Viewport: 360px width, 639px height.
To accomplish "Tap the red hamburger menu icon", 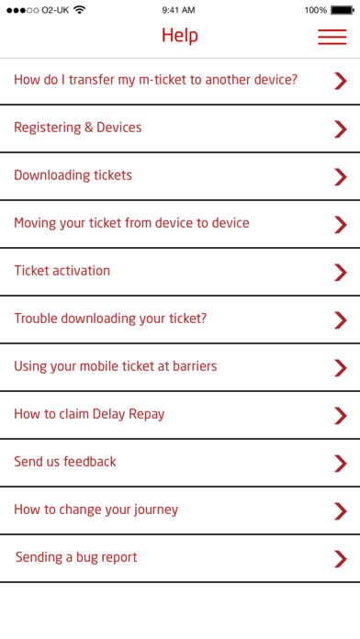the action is point(332,37).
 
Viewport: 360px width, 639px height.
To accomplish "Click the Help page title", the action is point(180,36).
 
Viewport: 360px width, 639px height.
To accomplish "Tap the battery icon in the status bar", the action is point(343,10).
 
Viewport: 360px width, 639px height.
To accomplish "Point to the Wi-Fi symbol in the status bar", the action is point(80,10).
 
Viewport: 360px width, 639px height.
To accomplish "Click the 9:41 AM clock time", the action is point(178,10).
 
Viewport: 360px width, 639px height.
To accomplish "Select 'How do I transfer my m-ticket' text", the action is point(101,80).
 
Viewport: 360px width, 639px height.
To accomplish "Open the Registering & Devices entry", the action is point(78,128).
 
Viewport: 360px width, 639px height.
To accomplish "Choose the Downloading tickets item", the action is point(73,175).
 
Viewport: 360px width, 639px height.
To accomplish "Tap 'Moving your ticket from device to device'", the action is point(131,223).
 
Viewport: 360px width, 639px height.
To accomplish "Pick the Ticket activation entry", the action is point(62,271).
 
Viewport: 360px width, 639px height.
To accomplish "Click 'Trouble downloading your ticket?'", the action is point(110,319).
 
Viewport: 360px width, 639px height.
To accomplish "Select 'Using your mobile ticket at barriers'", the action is point(116,366).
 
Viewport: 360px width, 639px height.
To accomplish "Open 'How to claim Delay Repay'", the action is point(89,414).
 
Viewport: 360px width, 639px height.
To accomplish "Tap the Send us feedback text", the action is point(65,462).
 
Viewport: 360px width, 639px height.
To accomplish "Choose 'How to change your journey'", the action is point(96,510).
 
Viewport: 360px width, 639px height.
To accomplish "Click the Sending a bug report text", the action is point(76,557).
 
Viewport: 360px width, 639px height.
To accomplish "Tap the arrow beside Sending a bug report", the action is point(341,559).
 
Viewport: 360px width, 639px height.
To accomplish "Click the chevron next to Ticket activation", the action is point(341,273).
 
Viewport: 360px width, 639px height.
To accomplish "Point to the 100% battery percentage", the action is point(316,10).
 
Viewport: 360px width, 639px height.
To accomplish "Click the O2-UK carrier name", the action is point(55,10).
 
